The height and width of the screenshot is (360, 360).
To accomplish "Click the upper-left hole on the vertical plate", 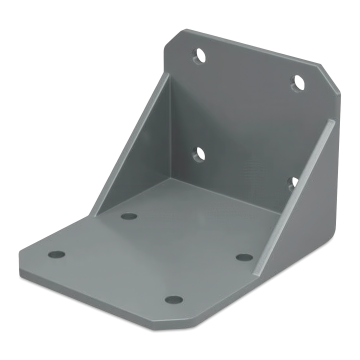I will (x=199, y=55).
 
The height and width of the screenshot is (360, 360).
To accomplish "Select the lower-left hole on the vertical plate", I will (x=199, y=154).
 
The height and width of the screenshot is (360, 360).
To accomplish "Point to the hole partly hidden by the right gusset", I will (x=294, y=183).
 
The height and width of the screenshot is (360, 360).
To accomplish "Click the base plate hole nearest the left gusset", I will (x=129, y=216).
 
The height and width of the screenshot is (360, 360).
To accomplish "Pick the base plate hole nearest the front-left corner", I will (x=57, y=254).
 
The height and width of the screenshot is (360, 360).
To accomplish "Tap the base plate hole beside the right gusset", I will (x=244, y=257).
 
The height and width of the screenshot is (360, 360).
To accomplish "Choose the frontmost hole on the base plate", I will (x=173, y=299).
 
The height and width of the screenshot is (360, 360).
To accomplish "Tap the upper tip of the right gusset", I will (x=331, y=121).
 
